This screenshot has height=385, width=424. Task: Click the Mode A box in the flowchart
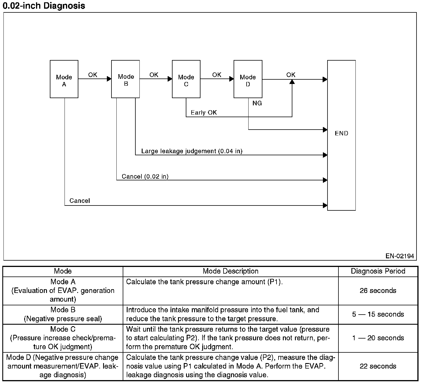point(64,79)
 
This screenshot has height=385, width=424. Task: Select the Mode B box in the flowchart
point(126,79)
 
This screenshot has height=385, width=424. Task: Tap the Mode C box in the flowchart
point(186,79)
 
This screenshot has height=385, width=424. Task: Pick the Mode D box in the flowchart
point(248,79)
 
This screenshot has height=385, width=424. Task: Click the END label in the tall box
point(341,133)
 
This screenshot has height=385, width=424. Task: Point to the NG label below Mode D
point(257,103)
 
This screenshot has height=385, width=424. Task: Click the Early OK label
point(204,113)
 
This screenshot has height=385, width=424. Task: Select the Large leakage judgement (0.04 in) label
point(192,151)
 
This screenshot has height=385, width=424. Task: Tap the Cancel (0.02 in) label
point(145,176)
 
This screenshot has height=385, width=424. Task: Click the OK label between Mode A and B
point(93,75)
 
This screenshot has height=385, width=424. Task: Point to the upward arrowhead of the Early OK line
point(292,82)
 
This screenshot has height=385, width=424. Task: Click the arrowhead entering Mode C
point(170,79)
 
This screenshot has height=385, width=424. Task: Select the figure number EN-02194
point(400,256)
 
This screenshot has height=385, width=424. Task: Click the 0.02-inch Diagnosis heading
point(44,6)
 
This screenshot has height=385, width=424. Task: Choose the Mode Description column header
point(230,271)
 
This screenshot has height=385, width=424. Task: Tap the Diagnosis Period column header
point(378,271)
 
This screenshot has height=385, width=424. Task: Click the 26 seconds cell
point(378,291)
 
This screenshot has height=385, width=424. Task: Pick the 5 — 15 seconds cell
point(378,314)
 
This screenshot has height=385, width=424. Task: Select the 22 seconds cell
point(378,366)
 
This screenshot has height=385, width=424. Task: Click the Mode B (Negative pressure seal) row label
point(63,314)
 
